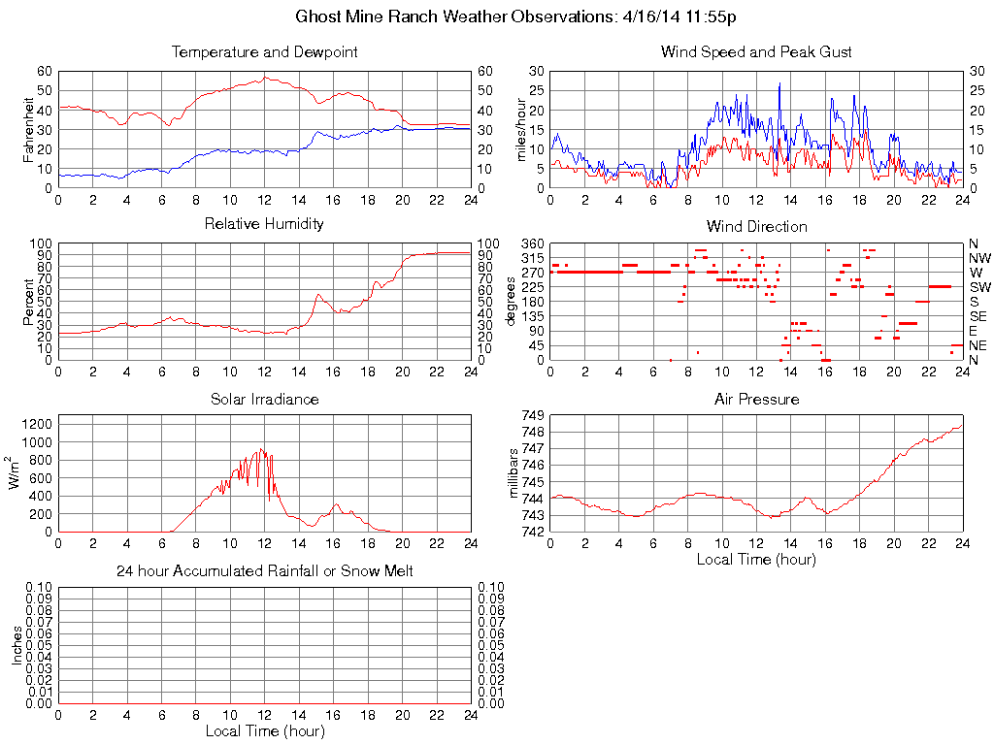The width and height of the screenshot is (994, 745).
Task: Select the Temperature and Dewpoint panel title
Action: pos(264,51)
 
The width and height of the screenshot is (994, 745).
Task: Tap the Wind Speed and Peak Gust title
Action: pos(756,51)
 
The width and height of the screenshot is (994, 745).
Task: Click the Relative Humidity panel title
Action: pos(264,224)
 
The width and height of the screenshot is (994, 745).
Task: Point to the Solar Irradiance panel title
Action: pos(264,399)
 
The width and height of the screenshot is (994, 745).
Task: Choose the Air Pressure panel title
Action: pos(756,399)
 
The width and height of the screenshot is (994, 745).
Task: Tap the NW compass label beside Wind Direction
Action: pos(978,258)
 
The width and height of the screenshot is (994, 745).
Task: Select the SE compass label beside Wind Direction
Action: pos(978,316)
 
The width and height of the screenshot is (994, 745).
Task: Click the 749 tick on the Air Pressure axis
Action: pos(533,415)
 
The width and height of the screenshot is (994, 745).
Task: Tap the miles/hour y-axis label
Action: pos(521,128)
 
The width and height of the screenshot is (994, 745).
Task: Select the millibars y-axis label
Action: pos(514,473)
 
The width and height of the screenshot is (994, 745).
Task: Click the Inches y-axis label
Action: pos(17,644)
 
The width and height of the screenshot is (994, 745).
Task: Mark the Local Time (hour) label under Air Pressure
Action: pos(756,560)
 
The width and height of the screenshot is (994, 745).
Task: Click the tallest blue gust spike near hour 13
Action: pos(779,84)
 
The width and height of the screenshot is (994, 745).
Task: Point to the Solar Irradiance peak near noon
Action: pos(262,448)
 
